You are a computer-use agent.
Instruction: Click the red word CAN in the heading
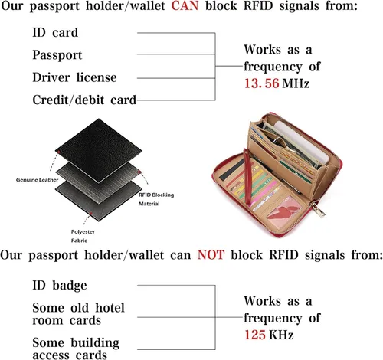point(185,5)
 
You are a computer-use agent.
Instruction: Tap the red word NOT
point(211,255)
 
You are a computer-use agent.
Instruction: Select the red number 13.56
point(261,83)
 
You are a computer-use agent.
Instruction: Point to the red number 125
point(255,335)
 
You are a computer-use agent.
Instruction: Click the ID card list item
point(55,32)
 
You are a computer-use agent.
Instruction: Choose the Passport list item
point(57,55)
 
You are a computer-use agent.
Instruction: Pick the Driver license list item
point(74,77)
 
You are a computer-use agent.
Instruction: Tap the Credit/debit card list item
point(84,100)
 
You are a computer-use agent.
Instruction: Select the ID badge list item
point(60,286)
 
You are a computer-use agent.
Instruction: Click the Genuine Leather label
point(37,180)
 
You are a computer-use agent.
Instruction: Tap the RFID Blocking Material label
point(156,199)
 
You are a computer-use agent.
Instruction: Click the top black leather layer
point(99,150)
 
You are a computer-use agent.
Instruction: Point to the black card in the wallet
point(233,169)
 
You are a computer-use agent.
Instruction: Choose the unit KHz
point(281,335)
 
